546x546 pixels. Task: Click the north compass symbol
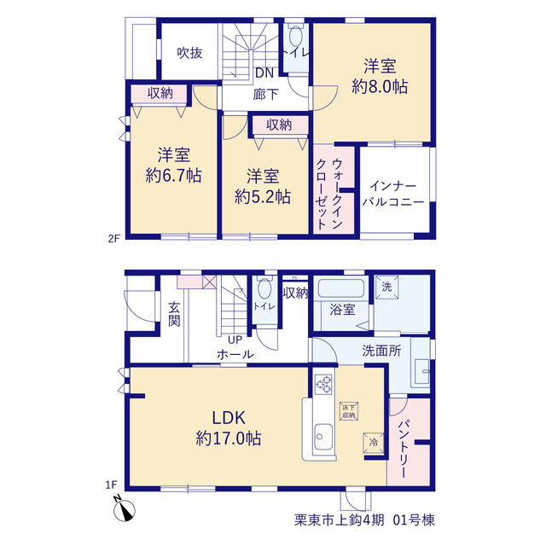pyautogui.click(x=124, y=508)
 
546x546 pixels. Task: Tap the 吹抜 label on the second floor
pyautogui.click(x=189, y=53)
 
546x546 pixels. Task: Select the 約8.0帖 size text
pyautogui.click(x=380, y=86)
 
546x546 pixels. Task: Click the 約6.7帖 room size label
pyautogui.click(x=173, y=175)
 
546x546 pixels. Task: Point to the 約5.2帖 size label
pyautogui.click(x=263, y=197)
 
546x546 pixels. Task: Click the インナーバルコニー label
pyautogui.click(x=393, y=194)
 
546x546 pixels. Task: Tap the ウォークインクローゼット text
pyautogui.click(x=329, y=194)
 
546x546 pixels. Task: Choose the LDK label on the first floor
pyautogui.click(x=229, y=417)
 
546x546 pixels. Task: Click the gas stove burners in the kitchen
pyautogui.click(x=323, y=384)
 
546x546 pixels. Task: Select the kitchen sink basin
pyautogui.click(x=323, y=437)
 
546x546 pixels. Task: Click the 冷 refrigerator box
pyautogui.click(x=374, y=443)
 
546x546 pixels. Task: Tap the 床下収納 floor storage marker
pyautogui.click(x=349, y=411)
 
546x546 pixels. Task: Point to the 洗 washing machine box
pyautogui.click(x=386, y=287)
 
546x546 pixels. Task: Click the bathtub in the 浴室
pyautogui.click(x=341, y=288)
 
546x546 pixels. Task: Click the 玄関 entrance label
pyautogui.click(x=174, y=315)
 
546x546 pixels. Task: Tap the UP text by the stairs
pyautogui.click(x=235, y=340)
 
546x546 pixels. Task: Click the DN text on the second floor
pyautogui.click(x=264, y=73)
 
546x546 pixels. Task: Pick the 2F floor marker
pyautogui.click(x=113, y=239)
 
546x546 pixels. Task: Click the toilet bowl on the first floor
pyautogui.click(x=264, y=288)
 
